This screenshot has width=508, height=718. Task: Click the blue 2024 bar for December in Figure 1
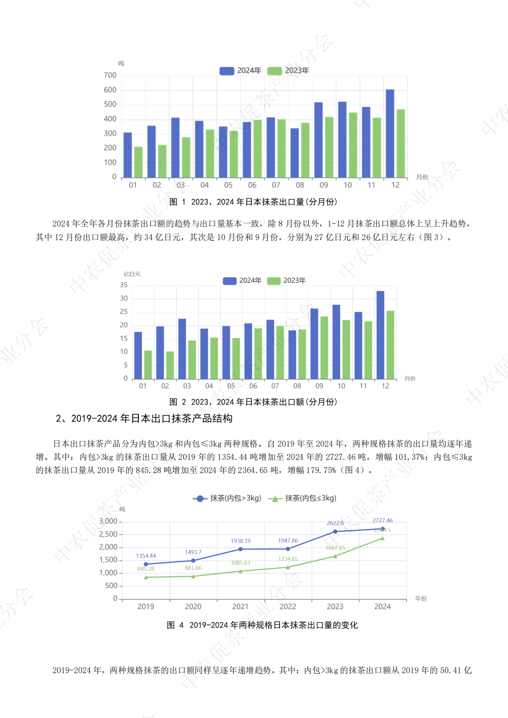(390, 133)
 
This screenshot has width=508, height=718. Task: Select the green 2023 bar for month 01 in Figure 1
(138, 162)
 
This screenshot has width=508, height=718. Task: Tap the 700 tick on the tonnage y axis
(110, 76)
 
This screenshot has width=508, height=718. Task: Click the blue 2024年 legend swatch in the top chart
(227, 71)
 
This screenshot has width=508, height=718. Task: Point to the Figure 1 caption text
(253, 202)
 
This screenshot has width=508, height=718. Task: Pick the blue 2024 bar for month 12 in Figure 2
(380, 335)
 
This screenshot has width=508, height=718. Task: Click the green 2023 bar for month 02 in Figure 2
(170, 365)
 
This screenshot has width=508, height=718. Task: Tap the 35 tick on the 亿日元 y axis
(124, 285)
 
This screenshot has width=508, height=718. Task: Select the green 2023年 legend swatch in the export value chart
(274, 281)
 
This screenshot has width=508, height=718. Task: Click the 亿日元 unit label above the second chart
(132, 274)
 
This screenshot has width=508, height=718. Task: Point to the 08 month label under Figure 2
(297, 386)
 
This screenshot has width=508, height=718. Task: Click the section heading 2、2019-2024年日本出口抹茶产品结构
(144, 419)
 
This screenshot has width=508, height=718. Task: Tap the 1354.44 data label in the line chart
(146, 556)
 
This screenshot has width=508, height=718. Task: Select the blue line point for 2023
(335, 532)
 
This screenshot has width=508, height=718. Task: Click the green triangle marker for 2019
(146, 577)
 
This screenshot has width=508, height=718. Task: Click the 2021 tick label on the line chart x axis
(240, 607)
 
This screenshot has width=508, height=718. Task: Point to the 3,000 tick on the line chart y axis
(108, 521)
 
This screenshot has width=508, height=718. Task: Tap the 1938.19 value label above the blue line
(241, 541)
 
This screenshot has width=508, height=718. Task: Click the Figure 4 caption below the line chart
(262, 625)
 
